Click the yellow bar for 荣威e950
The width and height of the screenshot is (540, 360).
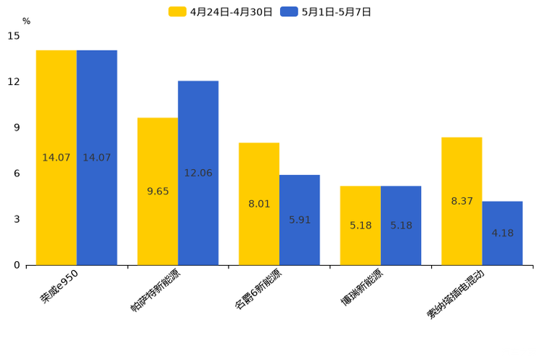(57, 157)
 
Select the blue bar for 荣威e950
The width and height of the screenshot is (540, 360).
(97, 157)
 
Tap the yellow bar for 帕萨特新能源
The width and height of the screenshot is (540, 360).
(157, 191)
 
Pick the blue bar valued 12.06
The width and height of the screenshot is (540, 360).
(198, 173)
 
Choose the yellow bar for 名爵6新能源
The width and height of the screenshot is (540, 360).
(259, 204)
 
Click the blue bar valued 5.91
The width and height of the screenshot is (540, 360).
(300, 220)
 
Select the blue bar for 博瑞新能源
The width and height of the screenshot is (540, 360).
(401, 226)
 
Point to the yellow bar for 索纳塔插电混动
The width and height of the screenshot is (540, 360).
(462, 201)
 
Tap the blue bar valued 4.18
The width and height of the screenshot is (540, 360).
(502, 233)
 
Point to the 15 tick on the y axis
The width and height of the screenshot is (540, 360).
(14, 36)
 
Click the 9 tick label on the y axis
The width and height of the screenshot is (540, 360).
(17, 128)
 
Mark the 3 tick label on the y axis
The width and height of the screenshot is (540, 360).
(17, 219)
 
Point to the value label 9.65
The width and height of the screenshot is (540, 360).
(157, 191)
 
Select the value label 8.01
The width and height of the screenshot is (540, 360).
(259, 204)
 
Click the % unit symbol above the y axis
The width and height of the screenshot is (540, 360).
(26, 21)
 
